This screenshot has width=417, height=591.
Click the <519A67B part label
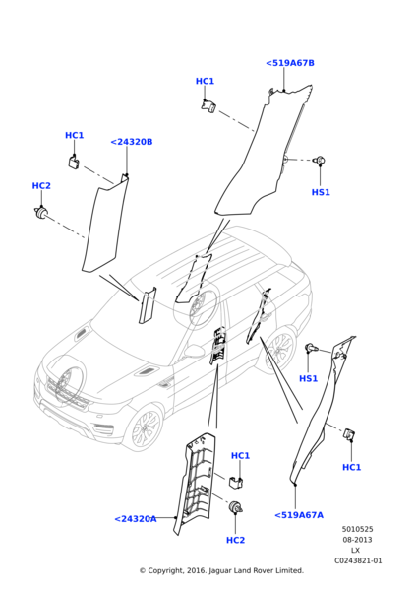290,63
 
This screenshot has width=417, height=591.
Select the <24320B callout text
131,142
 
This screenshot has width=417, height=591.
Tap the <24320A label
135,518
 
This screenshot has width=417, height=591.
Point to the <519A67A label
299,514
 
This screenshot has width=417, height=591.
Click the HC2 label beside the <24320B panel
41,186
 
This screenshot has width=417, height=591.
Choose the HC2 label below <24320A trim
235,540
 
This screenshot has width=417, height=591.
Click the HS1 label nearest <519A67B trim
321,192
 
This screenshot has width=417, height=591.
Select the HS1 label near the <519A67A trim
308,378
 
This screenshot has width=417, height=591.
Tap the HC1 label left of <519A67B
205,82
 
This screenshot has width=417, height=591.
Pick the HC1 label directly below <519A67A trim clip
351,467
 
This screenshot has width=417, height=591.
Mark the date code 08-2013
357,540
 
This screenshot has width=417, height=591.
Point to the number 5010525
357,529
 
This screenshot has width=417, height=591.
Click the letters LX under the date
356,550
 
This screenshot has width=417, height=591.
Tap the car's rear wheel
280,352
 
